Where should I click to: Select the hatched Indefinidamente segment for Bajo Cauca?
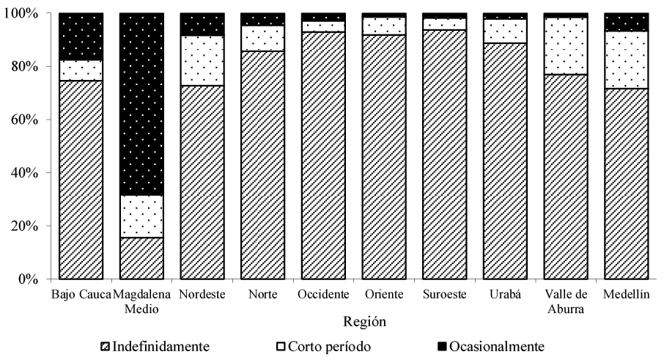81,180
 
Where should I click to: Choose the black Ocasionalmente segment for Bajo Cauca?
81,37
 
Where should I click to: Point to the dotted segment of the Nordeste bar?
202,60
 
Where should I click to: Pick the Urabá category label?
505,295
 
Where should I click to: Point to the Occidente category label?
323,295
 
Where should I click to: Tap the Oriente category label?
384,295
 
